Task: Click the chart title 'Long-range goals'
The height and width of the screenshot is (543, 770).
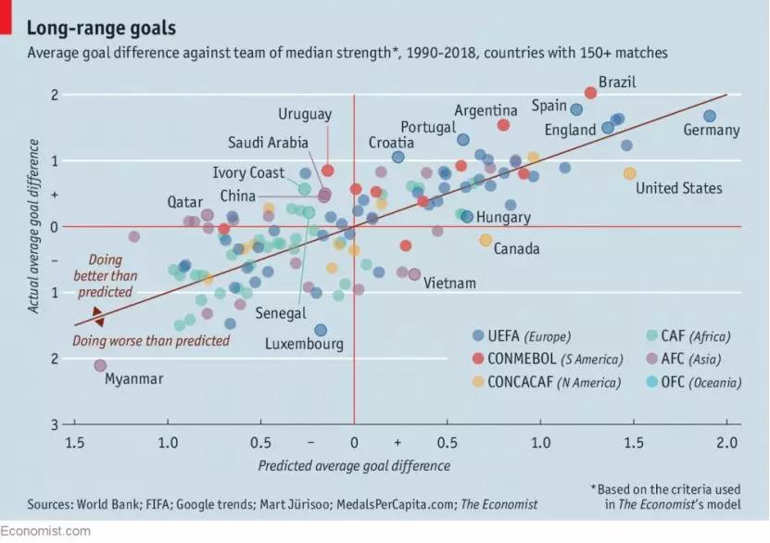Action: point(101,29)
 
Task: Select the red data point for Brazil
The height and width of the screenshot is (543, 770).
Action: point(591,94)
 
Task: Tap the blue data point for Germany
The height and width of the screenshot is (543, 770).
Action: point(710,116)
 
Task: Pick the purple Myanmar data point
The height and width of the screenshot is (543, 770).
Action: point(100,366)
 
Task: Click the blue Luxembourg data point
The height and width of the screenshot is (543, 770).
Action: point(321,330)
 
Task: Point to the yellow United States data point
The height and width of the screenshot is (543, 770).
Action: point(630,173)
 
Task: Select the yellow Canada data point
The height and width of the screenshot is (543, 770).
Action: point(486,240)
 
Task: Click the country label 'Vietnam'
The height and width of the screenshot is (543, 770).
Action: point(449,284)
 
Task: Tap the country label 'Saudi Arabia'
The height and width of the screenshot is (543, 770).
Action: point(268,143)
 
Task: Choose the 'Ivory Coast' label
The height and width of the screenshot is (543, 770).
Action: point(248,173)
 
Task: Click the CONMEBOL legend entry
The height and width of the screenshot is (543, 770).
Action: point(547,359)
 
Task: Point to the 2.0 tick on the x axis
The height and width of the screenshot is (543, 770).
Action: point(726,442)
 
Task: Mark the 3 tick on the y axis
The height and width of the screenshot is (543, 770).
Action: point(55,424)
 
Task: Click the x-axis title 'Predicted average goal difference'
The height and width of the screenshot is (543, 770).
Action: point(354,466)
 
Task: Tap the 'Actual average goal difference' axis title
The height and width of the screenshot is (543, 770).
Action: point(34,226)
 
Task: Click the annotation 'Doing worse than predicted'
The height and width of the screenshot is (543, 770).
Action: point(151,341)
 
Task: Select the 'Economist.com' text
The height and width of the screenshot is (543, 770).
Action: point(45,531)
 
